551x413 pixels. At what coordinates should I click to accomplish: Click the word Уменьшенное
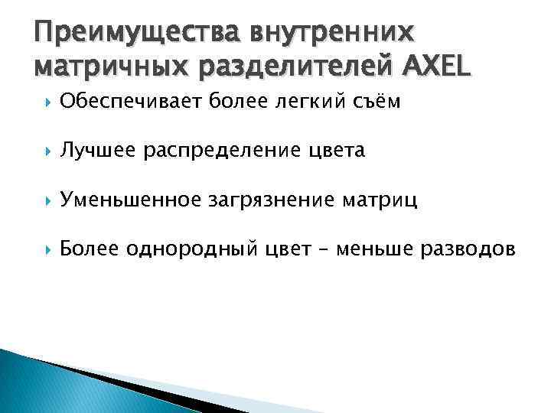coord(132,200)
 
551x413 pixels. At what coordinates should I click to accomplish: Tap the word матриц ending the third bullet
coord(385,200)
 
